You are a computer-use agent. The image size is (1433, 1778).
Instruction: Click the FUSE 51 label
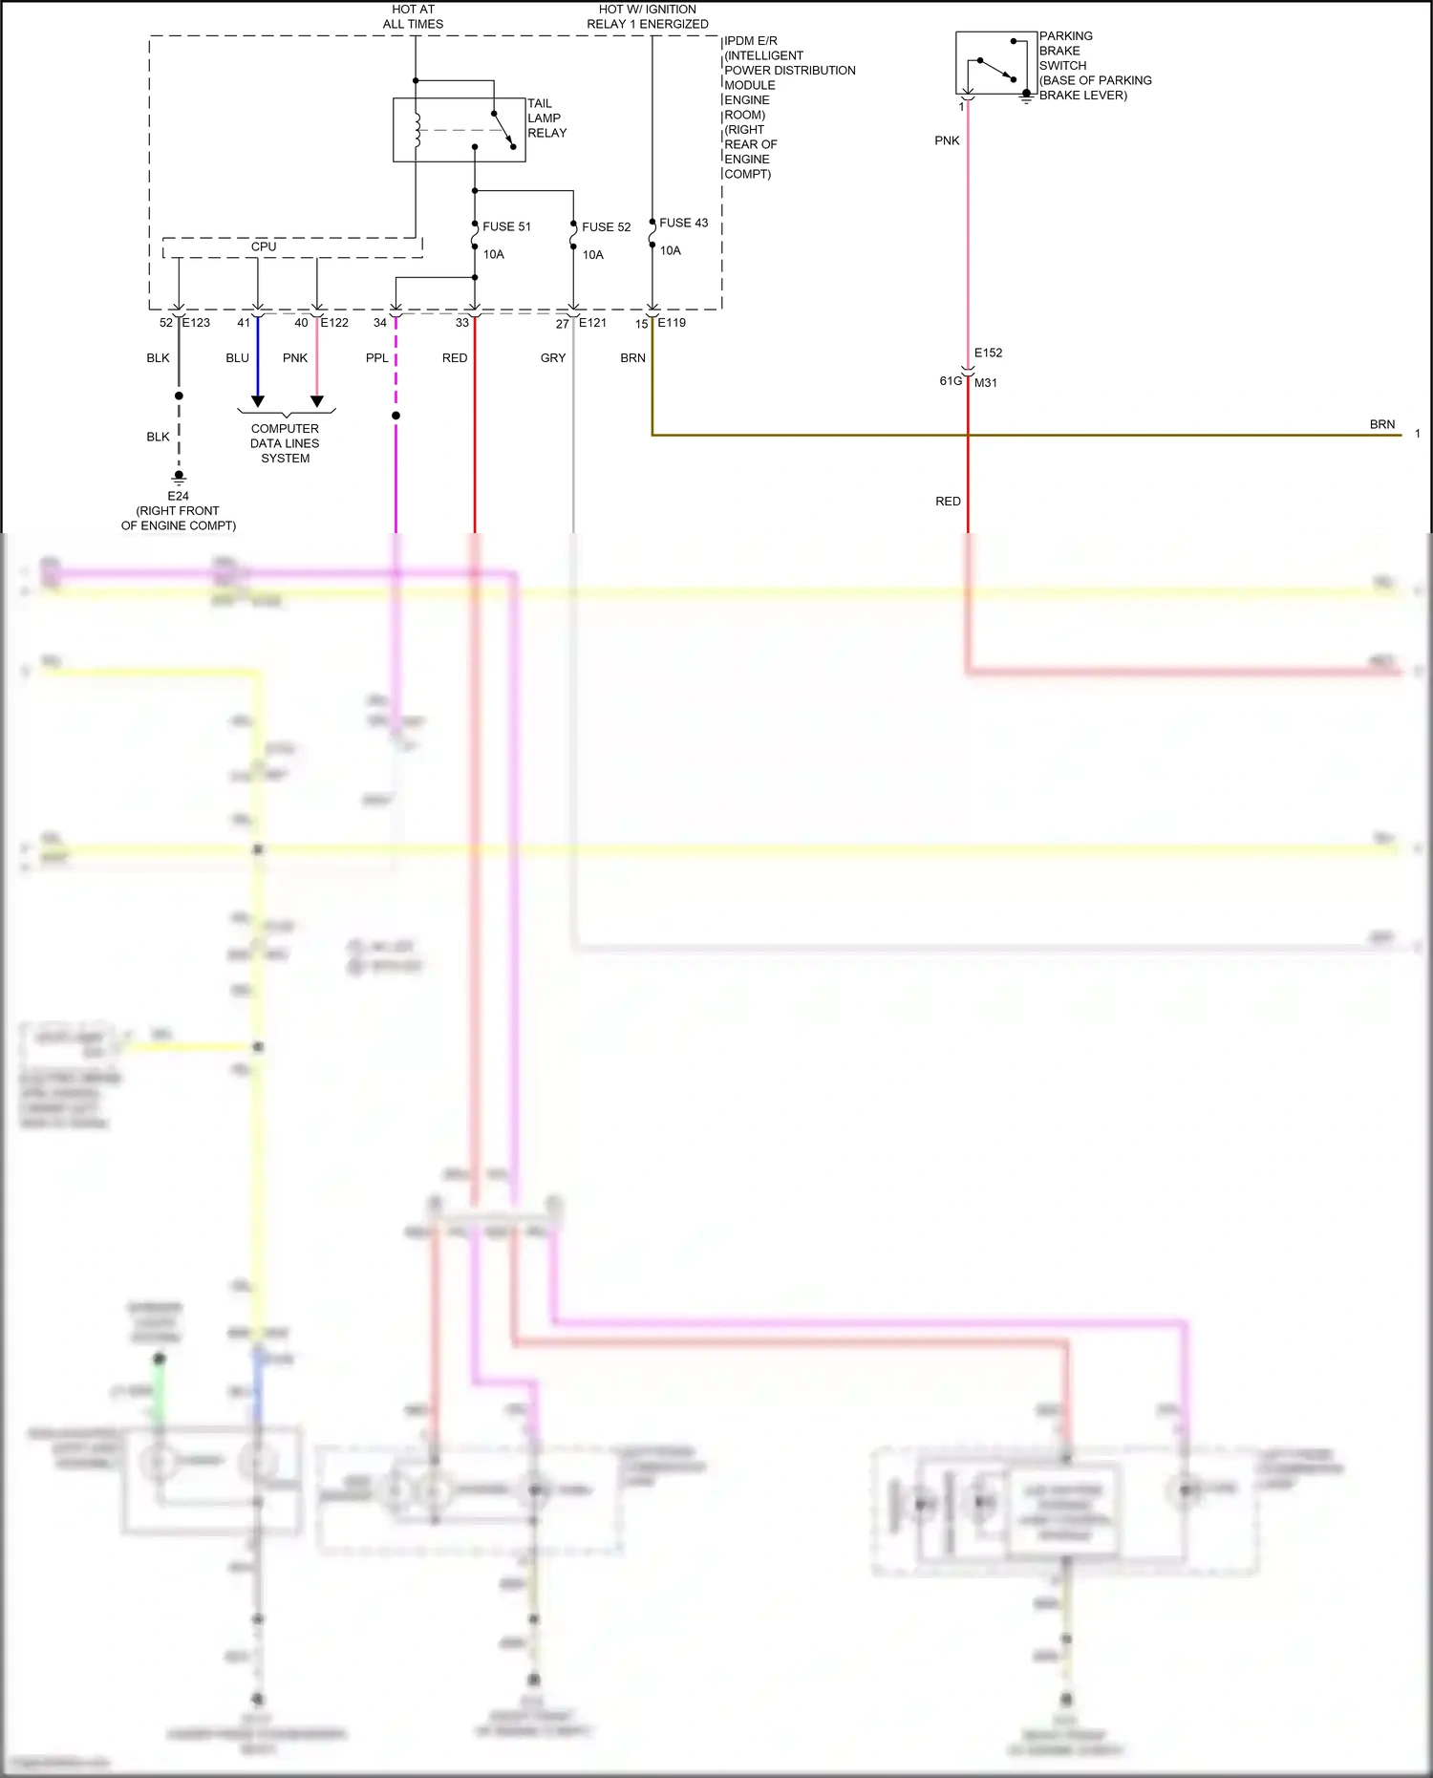click(x=506, y=226)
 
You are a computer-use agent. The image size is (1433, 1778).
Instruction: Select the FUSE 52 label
click(x=606, y=227)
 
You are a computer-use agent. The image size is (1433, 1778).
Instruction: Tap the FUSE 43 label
click(x=683, y=223)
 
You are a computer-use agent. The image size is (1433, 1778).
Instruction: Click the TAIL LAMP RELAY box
click(x=459, y=130)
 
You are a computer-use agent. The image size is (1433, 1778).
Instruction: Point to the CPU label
click(x=264, y=246)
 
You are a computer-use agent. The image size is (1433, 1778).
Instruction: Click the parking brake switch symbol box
click(x=995, y=62)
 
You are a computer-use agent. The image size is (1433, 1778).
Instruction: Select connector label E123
click(x=196, y=323)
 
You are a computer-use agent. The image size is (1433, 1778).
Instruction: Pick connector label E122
click(x=334, y=323)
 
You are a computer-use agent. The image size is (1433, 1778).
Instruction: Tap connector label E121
click(x=592, y=323)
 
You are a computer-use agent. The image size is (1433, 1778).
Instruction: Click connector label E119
click(x=672, y=323)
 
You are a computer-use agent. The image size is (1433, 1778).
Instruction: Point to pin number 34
click(x=380, y=323)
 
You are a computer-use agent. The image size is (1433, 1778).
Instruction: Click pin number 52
click(x=166, y=323)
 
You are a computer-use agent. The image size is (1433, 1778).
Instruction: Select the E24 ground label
click(x=178, y=496)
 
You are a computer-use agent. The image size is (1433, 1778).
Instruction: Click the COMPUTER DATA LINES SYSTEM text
click(x=285, y=443)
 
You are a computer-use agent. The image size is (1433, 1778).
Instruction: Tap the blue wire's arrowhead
click(x=257, y=401)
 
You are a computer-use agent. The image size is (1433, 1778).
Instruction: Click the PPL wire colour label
click(x=377, y=358)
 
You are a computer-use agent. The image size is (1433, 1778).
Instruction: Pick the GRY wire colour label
click(x=553, y=358)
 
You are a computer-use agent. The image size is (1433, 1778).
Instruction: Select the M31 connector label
click(x=986, y=383)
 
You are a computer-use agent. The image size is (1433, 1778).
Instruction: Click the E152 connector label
click(x=988, y=353)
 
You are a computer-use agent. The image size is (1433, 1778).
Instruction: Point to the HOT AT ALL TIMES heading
click(x=413, y=16)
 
